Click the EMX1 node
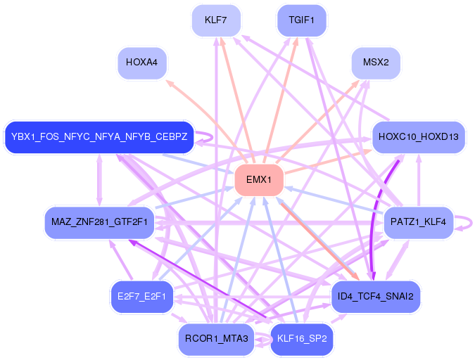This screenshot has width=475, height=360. [259, 180]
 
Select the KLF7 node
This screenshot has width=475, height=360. [215, 20]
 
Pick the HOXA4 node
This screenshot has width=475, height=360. [142, 63]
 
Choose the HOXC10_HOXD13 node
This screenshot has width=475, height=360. [418, 136]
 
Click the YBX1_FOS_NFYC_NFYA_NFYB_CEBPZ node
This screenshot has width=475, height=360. [99, 136]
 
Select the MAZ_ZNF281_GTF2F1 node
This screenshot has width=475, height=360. [99, 223]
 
